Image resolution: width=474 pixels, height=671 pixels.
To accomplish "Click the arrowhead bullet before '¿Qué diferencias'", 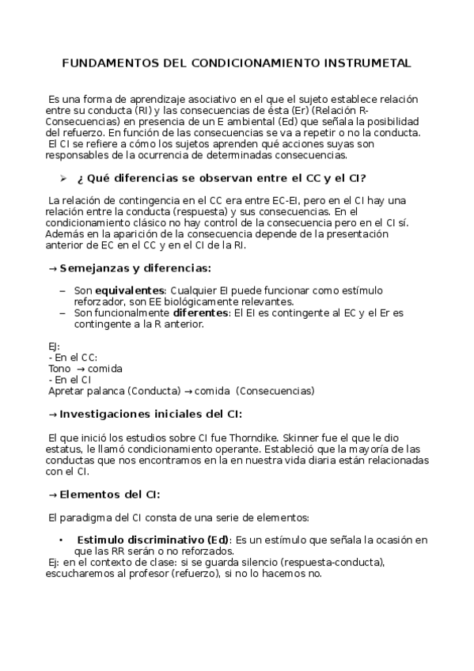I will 63,178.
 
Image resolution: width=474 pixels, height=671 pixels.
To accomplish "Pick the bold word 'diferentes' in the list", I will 199,313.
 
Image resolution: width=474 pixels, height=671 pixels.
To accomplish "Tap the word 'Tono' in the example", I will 59,369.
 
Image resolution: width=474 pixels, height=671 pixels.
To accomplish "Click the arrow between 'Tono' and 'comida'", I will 81,369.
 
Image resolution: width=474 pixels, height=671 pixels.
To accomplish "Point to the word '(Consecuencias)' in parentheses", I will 275,391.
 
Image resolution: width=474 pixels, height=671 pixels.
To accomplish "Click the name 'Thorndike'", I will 252,437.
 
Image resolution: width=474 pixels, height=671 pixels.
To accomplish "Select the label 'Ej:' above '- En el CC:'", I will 54,346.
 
